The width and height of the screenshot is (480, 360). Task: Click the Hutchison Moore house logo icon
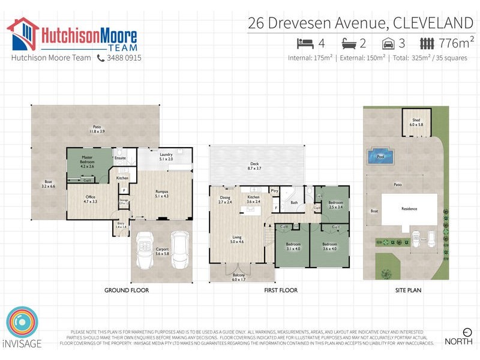point(23,34)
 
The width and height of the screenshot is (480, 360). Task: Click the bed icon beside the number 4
point(305,43)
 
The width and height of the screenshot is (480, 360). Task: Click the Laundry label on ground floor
point(166,157)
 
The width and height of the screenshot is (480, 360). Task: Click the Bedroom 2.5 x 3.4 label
point(335,205)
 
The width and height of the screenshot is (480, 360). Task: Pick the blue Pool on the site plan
point(380,157)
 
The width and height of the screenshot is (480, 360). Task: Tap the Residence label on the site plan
point(410,209)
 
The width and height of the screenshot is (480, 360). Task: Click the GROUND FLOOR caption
point(126,290)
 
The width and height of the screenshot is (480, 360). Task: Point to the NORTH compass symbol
point(467,331)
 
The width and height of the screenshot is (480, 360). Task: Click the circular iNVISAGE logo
point(22,325)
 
